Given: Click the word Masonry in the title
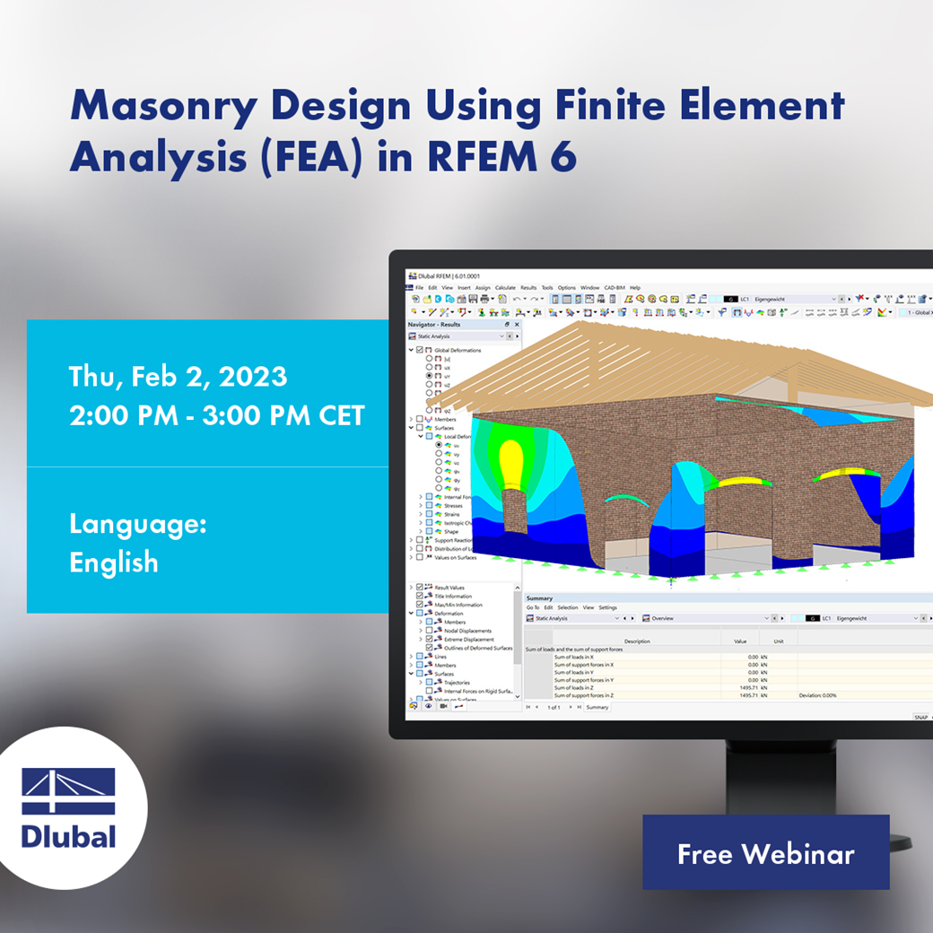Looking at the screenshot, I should pyautogui.click(x=162, y=107).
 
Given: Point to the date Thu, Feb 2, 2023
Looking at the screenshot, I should pyautogui.click(x=178, y=376).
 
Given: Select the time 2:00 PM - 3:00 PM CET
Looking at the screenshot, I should pyautogui.click(x=217, y=416).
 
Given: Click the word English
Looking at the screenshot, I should pyautogui.click(x=114, y=562).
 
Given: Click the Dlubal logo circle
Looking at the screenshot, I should pyautogui.click(x=69, y=807).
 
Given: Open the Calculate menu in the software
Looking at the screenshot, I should pyautogui.click(x=505, y=288).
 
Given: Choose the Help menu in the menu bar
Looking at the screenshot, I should pyautogui.click(x=635, y=288).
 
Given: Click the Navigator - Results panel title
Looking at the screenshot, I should pyautogui.click(x=434, y=324).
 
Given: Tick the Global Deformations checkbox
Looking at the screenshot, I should pyautogui.click(x=420, y=350).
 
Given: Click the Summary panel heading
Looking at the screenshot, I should pyautogui.click(x=539, y=597).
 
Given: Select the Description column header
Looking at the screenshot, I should pyautogui.click(x=637, y=641).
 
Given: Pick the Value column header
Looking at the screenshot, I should pyautogui.click(x=740, y=641).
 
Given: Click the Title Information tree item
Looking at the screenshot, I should pyautogui.click(x=455, y=596).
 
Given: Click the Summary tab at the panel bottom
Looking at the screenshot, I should pyautogui.click(x=597, y=707).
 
